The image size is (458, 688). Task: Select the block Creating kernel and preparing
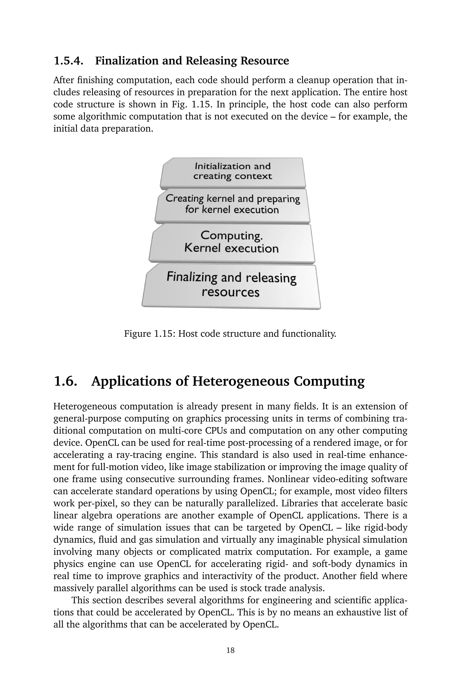tap(233, 204)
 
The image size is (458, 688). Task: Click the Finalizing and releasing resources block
tap(231, 285)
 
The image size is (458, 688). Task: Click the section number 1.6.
tap(66, 381)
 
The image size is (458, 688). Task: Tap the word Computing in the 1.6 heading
tap(329, 381)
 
